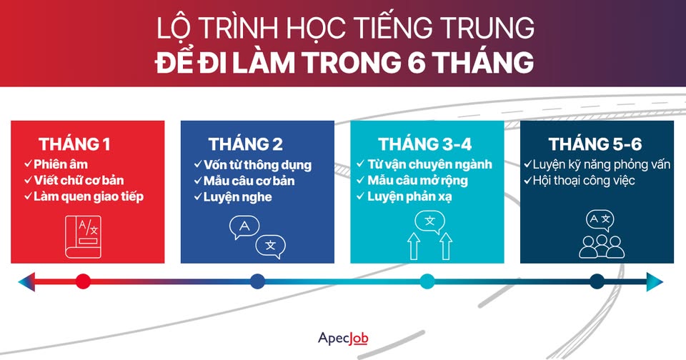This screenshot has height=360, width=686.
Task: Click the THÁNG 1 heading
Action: click(74, 144)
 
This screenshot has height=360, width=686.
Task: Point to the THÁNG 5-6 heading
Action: click(595, 144)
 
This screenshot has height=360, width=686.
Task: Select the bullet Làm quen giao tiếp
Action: click(88, 196)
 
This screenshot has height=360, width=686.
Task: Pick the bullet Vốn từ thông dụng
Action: click(258, 165)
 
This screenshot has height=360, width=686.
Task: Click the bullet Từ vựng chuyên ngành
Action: click(429, 165)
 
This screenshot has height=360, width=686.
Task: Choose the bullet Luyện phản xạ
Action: click(409, 196)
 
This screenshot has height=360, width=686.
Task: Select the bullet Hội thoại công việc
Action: click(584, 181)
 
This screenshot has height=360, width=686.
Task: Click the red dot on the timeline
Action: click(83, 281)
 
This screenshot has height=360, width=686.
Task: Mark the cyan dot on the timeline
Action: click(427, 281)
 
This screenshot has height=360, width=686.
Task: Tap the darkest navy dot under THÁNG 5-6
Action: click(597, 281)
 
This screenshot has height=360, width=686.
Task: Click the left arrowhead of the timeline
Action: click(26, 281)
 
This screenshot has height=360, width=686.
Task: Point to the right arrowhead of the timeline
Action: click(655, 281)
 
